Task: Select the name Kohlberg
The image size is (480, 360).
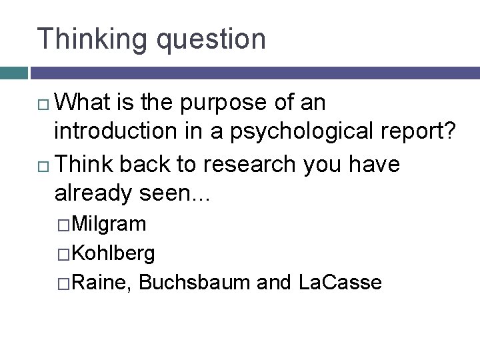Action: (x=113, y=253)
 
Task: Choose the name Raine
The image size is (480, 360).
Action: (x=101, y=283)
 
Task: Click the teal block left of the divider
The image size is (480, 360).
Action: (x=13, y=73)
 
